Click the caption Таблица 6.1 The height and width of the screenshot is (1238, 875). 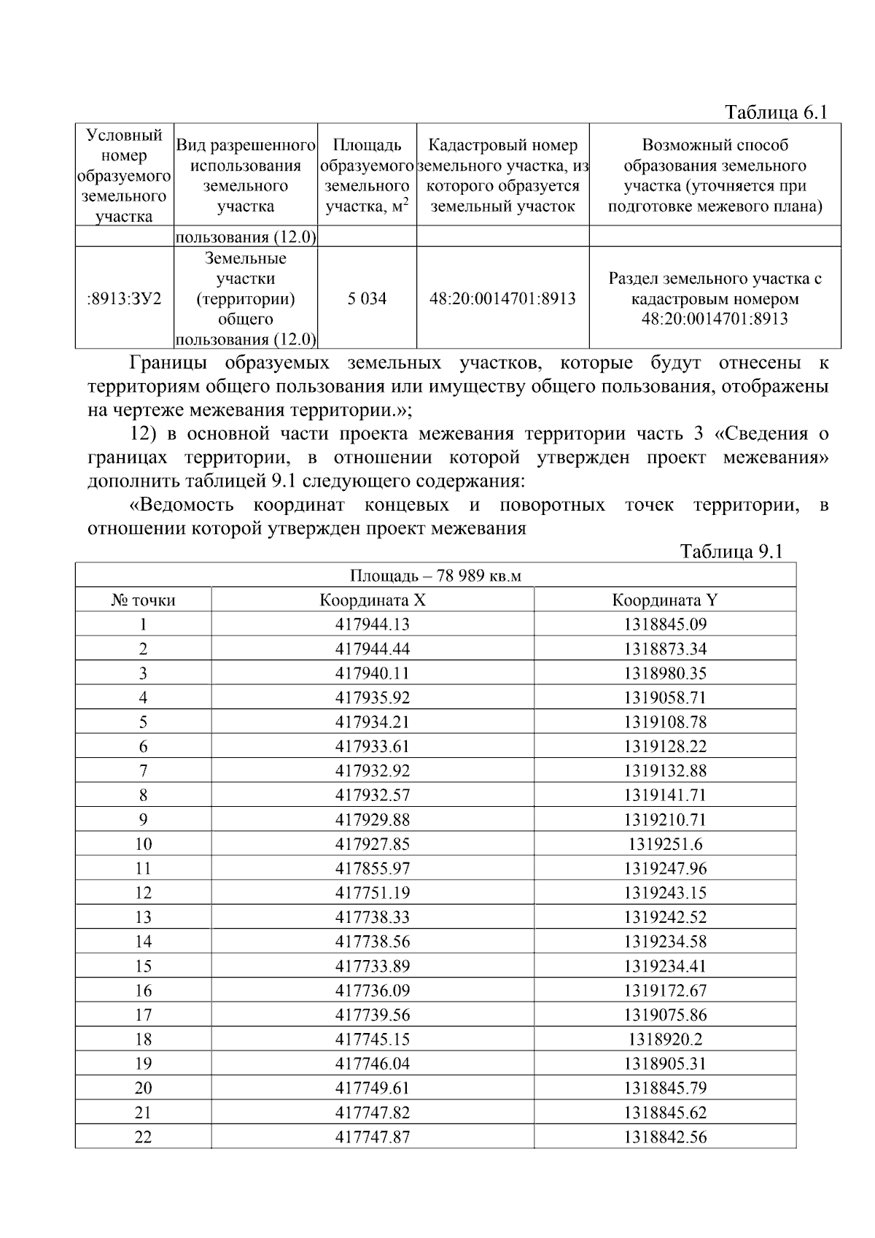(x=777, y=112)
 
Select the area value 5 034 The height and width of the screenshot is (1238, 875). (x=367, y=298)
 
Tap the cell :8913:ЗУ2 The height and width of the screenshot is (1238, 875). (x=125, y=298)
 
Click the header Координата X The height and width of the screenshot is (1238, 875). (x=373, y=600)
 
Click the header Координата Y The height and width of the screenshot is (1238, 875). (x=665, y=600)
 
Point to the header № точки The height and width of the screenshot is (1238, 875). (x=143, y=600)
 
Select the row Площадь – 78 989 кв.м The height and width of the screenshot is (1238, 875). (x=435, y=576)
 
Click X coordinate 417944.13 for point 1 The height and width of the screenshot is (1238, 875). (x=373, y=624)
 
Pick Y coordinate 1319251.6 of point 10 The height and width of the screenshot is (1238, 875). (x=665, y=844)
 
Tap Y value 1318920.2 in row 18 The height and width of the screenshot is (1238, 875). (x=665, y=1039)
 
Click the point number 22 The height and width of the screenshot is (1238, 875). (x=143, y=1137)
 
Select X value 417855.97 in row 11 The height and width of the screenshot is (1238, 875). (x=373, y=868)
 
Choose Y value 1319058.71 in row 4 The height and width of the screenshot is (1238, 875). (x=665, y=697)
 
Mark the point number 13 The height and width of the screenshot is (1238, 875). (x=143, y=917)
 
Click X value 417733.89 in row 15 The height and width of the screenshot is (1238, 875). (x=373, y=966)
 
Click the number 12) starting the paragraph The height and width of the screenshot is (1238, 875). (x=144, y=434)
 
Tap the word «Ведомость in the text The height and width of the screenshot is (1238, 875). (x=182, y=505)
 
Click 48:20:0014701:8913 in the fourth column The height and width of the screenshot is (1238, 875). (x=502, y=298)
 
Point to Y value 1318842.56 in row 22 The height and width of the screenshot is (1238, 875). (x=665, y=1137)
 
